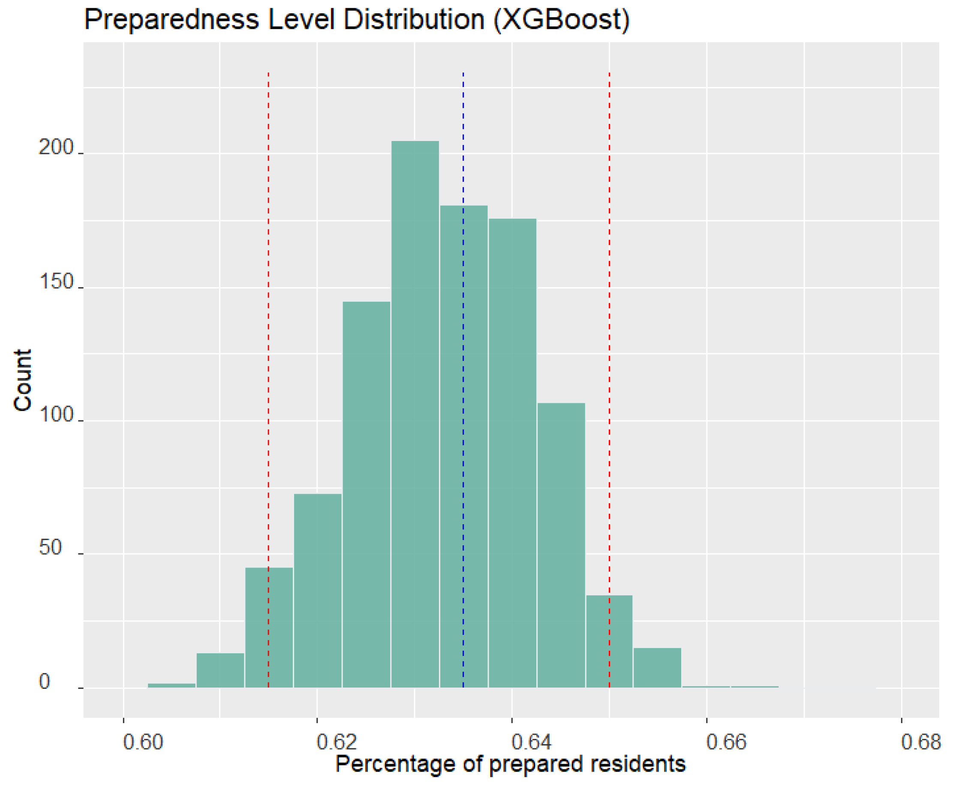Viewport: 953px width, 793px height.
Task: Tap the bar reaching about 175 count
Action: point(512,454)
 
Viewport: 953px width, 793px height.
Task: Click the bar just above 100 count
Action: point(561,544)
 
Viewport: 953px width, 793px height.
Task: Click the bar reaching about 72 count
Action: point(318,590)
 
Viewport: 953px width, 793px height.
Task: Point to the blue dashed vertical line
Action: point(463,136)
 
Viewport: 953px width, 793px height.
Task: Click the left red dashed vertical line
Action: point(268,136)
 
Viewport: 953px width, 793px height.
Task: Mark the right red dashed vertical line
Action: point(609,136)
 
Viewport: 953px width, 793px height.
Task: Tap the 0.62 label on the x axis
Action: point(337,742)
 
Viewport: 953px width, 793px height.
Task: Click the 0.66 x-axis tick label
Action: point(726,742)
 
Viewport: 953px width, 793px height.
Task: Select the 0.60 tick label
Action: point(142,742)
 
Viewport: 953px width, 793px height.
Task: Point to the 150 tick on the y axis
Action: point(56,282)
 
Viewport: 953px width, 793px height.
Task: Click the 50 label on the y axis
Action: point(50,548)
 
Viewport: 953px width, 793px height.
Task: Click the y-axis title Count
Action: point(23,380)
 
